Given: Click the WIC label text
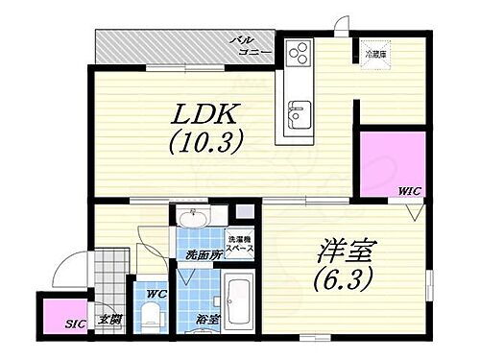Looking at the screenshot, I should click(x=410, y=192).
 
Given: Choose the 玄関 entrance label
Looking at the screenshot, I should click(x=109, y=319).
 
